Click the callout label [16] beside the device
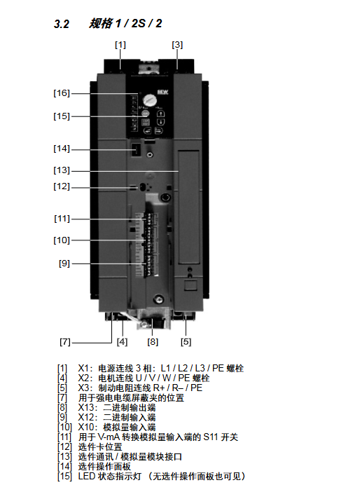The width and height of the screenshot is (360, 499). [62, 93]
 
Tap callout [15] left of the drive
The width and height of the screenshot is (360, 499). [62, 116]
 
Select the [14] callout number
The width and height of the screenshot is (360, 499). [62, 149]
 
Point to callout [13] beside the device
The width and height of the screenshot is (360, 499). [62, 170]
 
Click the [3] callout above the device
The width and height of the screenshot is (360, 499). [177, 45]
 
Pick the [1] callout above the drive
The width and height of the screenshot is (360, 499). [120, 45]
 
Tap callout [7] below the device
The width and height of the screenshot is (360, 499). [65, 342]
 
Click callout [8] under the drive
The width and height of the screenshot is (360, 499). [153, 342]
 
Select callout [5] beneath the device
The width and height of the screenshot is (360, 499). [186, 342]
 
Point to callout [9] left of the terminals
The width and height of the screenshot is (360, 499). [64, 264]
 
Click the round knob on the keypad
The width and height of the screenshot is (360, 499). [148, 100]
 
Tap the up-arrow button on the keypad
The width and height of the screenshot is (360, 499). [160, 114]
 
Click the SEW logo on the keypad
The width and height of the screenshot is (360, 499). [162, 93]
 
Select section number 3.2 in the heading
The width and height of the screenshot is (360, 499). [62, 24]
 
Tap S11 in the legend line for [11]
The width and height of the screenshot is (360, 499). [211, 437]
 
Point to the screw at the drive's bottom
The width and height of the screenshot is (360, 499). [158, 299]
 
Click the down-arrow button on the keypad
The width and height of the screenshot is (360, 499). [160, 122]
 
